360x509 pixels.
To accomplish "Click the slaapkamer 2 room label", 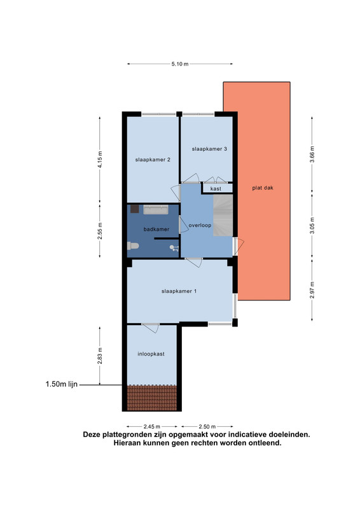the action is (x=153, y=160).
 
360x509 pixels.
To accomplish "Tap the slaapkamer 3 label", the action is (x=209, y=149).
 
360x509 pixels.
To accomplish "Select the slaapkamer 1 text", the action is (x=179, y=291).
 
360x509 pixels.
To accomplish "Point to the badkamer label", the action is (x=156, y=229).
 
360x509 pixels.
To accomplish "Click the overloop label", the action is (x=200, y=225).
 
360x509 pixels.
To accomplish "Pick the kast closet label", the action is (x=216, y=188).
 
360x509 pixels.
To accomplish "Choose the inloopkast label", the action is (x=151, y=354).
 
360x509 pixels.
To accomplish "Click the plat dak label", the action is (x=263, y=188).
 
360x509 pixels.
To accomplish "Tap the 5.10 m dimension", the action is (x=180, y=64).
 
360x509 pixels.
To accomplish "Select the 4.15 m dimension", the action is (x=100, y=160).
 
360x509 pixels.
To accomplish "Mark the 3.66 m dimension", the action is (x=312, y=155).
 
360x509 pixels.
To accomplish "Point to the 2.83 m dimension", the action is (x=100, y=356).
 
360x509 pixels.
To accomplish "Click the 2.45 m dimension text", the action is (x=151, y=426).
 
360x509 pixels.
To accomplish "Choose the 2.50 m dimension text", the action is (x=207, y=426).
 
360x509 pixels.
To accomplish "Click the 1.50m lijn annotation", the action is (x=61, y=384).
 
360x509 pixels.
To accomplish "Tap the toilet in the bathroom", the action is (x=133, y=246).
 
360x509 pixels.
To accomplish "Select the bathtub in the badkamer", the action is (x=156, y=210).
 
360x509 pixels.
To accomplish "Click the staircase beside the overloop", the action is (x=223, y=215).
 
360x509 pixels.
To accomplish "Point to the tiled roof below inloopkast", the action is (x=152, y=398).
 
